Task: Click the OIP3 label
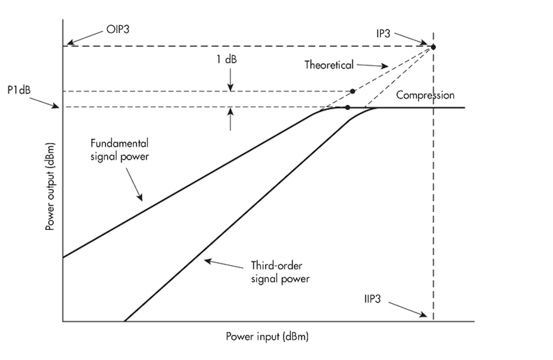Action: [x=118, y=30]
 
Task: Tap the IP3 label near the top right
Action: [x=383, y=34]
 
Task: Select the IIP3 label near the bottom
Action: [x=373, y=299]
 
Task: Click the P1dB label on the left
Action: [x=19, y=90]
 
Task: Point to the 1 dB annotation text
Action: [x=226, y=60]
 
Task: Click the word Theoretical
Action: [x=329, y=65]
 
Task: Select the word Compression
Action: [x=425, y=95]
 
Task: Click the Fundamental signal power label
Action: [x=119, y=150]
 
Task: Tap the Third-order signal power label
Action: [x=280, y=272]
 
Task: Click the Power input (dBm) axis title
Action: [x=267, y=337]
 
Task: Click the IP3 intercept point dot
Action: [x=434, y=47]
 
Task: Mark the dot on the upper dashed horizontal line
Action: [x=353, y=91]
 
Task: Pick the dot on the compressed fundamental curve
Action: [x=348, y=108]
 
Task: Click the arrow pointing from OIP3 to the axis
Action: [x=85, y=38]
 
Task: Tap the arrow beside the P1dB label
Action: [x=44, y=102]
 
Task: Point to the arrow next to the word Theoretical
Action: [x=372, y=66]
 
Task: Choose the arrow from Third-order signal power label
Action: [x=224, y=264]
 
